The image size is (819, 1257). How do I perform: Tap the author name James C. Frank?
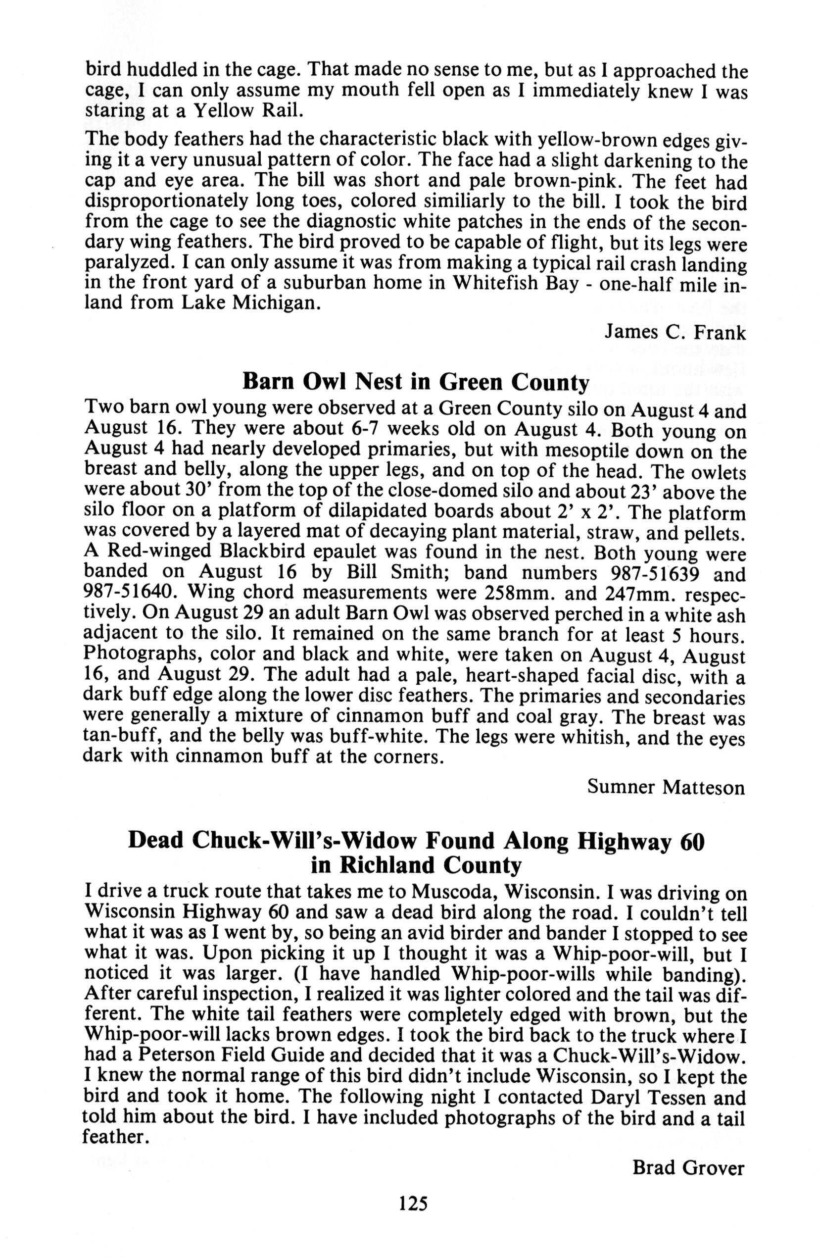(675, 333)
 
